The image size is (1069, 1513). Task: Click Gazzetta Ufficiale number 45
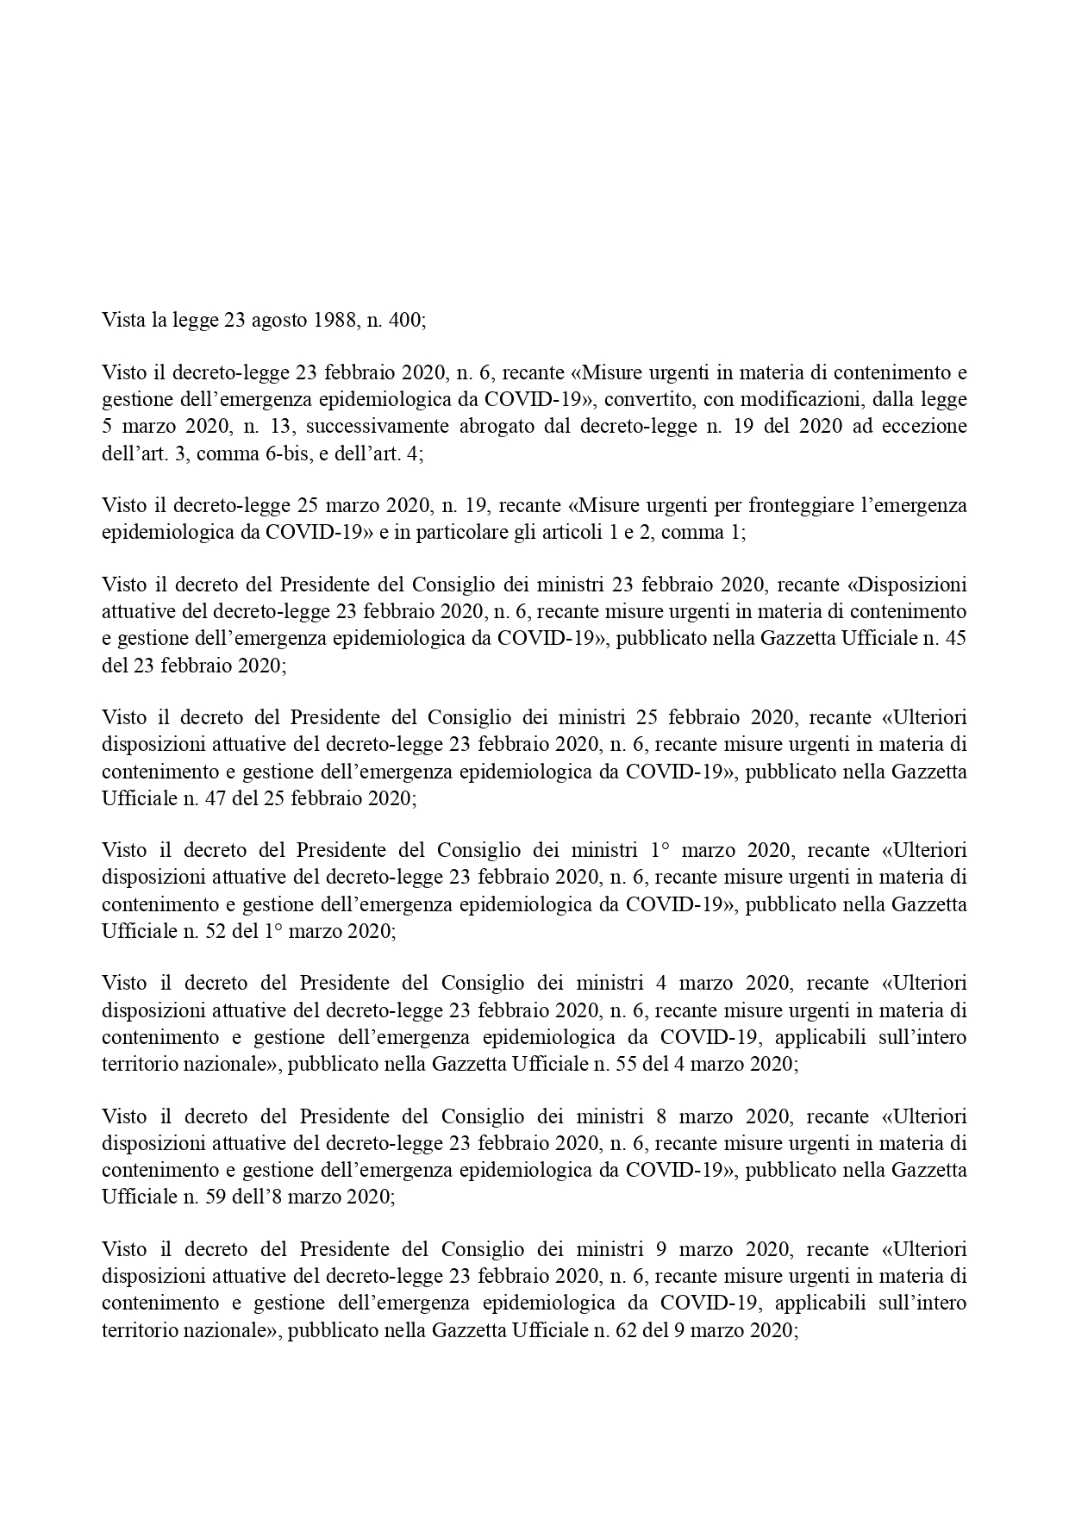955,639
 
